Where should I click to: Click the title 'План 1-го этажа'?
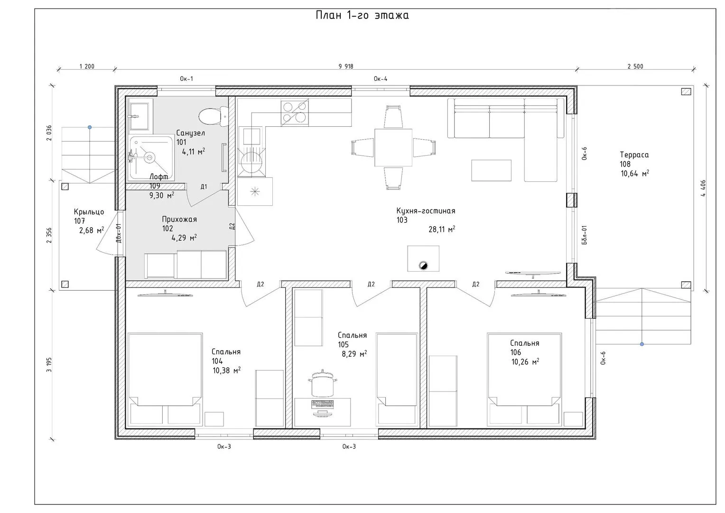(362, 15)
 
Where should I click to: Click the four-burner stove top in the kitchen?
(295, 112)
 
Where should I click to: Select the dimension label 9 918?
(346, 66)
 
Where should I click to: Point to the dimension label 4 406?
(703, 188)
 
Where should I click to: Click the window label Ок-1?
(186, 79)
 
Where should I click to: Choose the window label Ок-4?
(381, 79)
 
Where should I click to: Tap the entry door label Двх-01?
(119, 233)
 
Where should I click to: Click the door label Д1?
(204, 187)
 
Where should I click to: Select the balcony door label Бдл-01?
(584, 235)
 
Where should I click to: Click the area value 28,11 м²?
(442, 229)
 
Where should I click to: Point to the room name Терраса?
(634, 155)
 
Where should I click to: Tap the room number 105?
(344, 344)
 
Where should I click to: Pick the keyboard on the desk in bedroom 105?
(322, 404)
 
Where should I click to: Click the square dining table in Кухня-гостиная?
(393, 147)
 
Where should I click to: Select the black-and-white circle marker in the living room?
(423, 266)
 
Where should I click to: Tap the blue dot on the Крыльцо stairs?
(90, 127)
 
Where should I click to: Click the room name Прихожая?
(179, 219)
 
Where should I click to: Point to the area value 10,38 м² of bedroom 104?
(227, 370)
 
